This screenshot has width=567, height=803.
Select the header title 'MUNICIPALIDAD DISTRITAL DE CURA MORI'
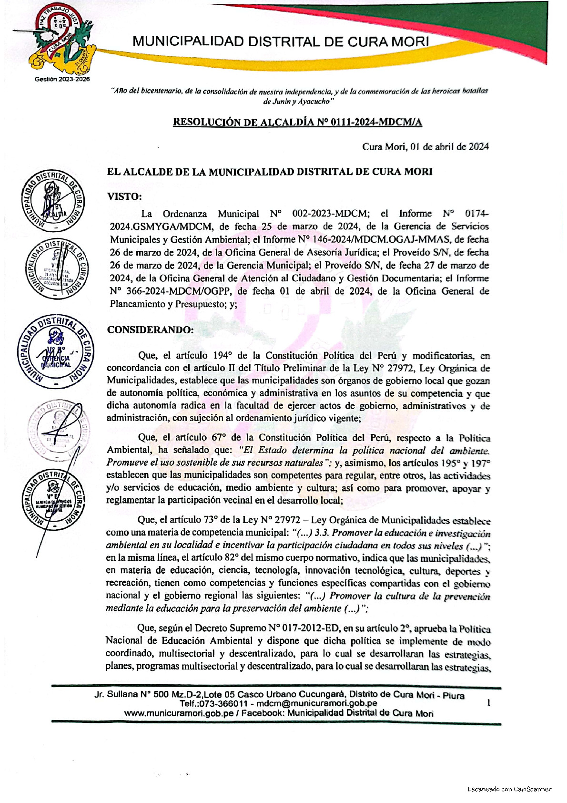tap(281, 41)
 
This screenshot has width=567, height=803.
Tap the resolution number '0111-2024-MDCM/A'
tap(370, 123)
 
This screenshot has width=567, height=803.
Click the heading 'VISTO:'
tap(124, 196)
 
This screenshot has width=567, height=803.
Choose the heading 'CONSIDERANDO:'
tap(150, 330)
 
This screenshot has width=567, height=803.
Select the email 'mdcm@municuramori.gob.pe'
tap(317, 703)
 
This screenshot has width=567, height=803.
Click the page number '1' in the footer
tap(488, 703)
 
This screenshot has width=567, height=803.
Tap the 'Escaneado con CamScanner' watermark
tap(509, 789)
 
